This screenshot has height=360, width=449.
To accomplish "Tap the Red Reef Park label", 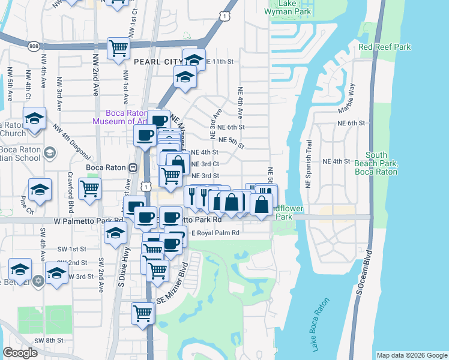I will click(384, 47).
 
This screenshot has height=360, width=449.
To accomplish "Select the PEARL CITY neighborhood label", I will click(158, 62).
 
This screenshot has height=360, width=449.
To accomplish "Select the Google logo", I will click(20, 353).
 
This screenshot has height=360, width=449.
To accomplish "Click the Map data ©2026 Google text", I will click(411, 355).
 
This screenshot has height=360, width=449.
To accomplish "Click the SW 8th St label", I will click(49, 340).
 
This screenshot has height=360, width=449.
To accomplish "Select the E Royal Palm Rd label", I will click(215, 233).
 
